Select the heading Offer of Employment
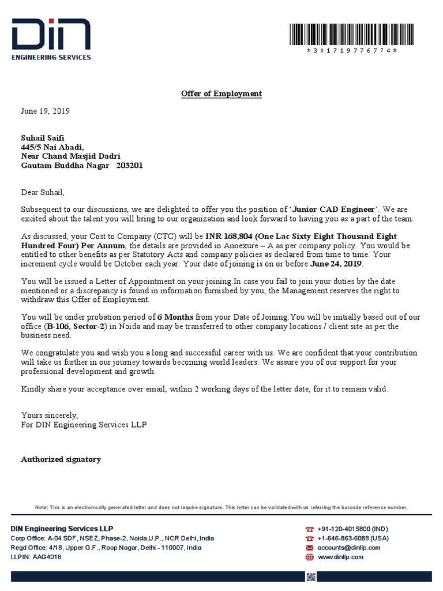click(x=221, y=93)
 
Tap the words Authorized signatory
click(x=61, y=459)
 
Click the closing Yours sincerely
click(x=48, y=416)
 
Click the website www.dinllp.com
click(x=340, y=557)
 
